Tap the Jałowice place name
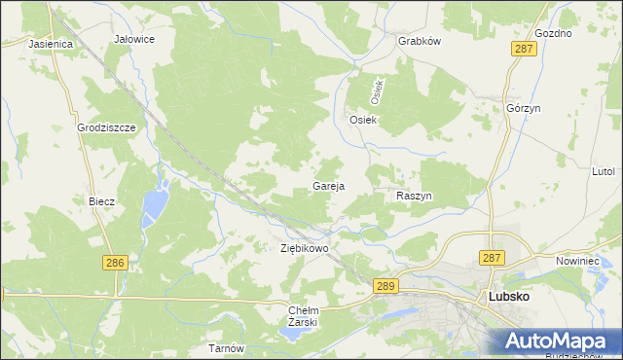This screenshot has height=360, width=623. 135,39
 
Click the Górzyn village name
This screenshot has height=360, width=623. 523,108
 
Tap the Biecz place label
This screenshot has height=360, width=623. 102,201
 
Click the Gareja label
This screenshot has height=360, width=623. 328,185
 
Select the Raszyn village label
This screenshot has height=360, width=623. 414,196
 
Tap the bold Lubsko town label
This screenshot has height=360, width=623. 507,297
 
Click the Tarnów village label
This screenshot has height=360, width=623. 225,347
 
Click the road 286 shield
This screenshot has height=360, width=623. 115,263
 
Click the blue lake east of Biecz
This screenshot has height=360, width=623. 154,204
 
